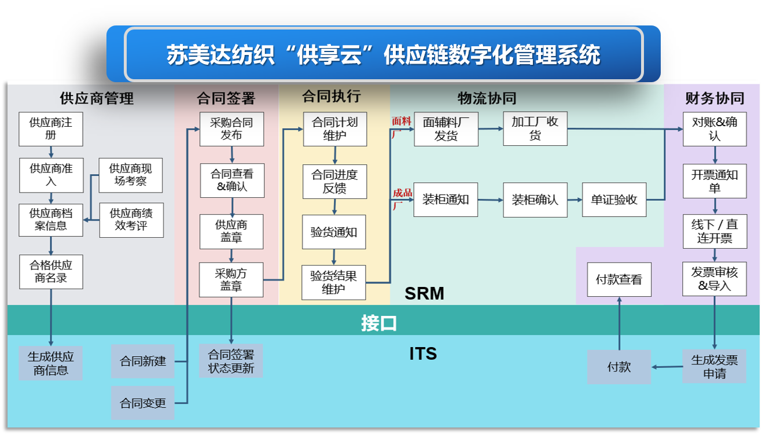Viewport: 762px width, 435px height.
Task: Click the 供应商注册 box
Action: pos(51,129)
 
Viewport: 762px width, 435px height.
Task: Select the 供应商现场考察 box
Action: pos(131,175)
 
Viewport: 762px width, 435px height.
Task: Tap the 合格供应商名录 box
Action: pos(51,272)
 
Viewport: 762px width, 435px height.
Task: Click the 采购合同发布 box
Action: pos(231,129)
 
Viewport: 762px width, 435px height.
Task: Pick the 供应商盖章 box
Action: pos(231,231)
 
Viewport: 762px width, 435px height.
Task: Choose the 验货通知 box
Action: pos(334,232)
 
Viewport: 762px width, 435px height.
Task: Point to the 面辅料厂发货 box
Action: pos(446,129)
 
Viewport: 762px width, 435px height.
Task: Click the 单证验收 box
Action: pos(614,200)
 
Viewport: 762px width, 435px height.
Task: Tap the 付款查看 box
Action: pos(619,279)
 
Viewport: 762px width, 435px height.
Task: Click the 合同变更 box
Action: pos(143,403)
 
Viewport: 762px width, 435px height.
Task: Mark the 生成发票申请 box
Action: pos(714,366)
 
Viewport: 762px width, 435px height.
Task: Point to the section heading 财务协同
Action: pos(715,98)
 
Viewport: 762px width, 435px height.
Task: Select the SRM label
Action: pos(424,293)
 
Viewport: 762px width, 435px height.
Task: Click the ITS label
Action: pos(423,353)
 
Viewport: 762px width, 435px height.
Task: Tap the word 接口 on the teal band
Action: pos(379,323)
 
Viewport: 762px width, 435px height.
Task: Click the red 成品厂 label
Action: pos(402,197)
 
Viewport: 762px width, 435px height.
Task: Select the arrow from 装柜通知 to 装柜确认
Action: pos(490,200)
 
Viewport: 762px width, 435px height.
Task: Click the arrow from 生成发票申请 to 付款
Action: pos(667,367)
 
